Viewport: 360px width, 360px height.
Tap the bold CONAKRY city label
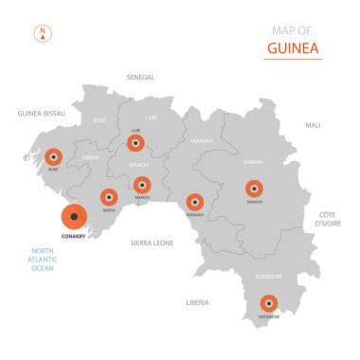[73, 237]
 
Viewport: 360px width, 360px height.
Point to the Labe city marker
[135, 143]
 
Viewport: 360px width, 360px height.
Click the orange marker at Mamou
[141, 184]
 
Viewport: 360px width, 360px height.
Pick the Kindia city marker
[109, 197]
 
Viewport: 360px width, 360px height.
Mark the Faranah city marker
[194, 201]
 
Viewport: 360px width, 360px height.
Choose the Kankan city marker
[254, 189]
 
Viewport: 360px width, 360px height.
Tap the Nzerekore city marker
[269, 303]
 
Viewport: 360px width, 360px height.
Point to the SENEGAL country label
[140, 77]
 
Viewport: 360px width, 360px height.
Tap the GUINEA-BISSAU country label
[42, 113]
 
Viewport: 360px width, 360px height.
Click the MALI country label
[313, 125]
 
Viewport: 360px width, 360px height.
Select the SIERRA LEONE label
[152, 243]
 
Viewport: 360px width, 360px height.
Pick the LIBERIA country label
[197, 302]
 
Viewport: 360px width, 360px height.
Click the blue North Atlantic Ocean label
[43, 260]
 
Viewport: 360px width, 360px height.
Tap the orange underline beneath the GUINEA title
[293, 60]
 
